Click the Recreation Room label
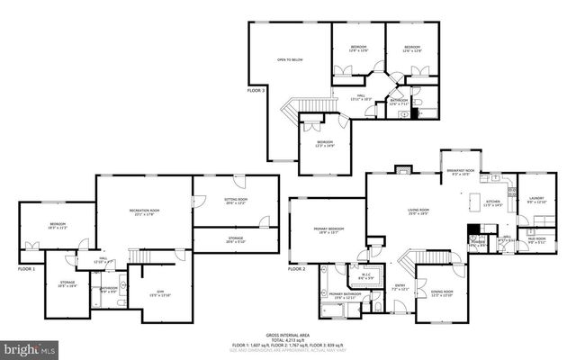point(143,212)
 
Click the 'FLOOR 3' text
point(256,90)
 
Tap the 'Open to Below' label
point(290,59)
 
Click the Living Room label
point(419,212)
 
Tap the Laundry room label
point(537,200)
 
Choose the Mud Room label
point(537,238)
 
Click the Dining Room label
point(441,293)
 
